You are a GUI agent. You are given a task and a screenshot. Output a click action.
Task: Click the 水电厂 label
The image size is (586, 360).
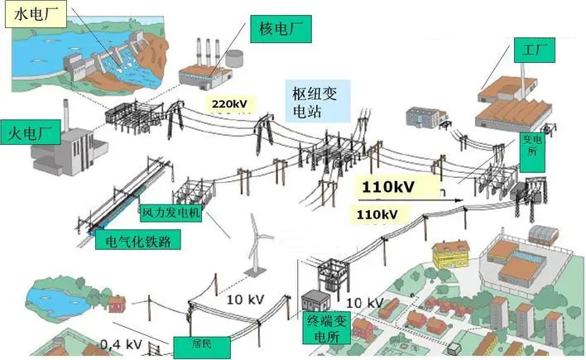[x=32, y=15]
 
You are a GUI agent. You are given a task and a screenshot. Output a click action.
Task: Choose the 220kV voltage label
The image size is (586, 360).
[x=229, y=104]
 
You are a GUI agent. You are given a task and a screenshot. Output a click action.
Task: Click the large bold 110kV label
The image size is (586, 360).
[x=388, y=186]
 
